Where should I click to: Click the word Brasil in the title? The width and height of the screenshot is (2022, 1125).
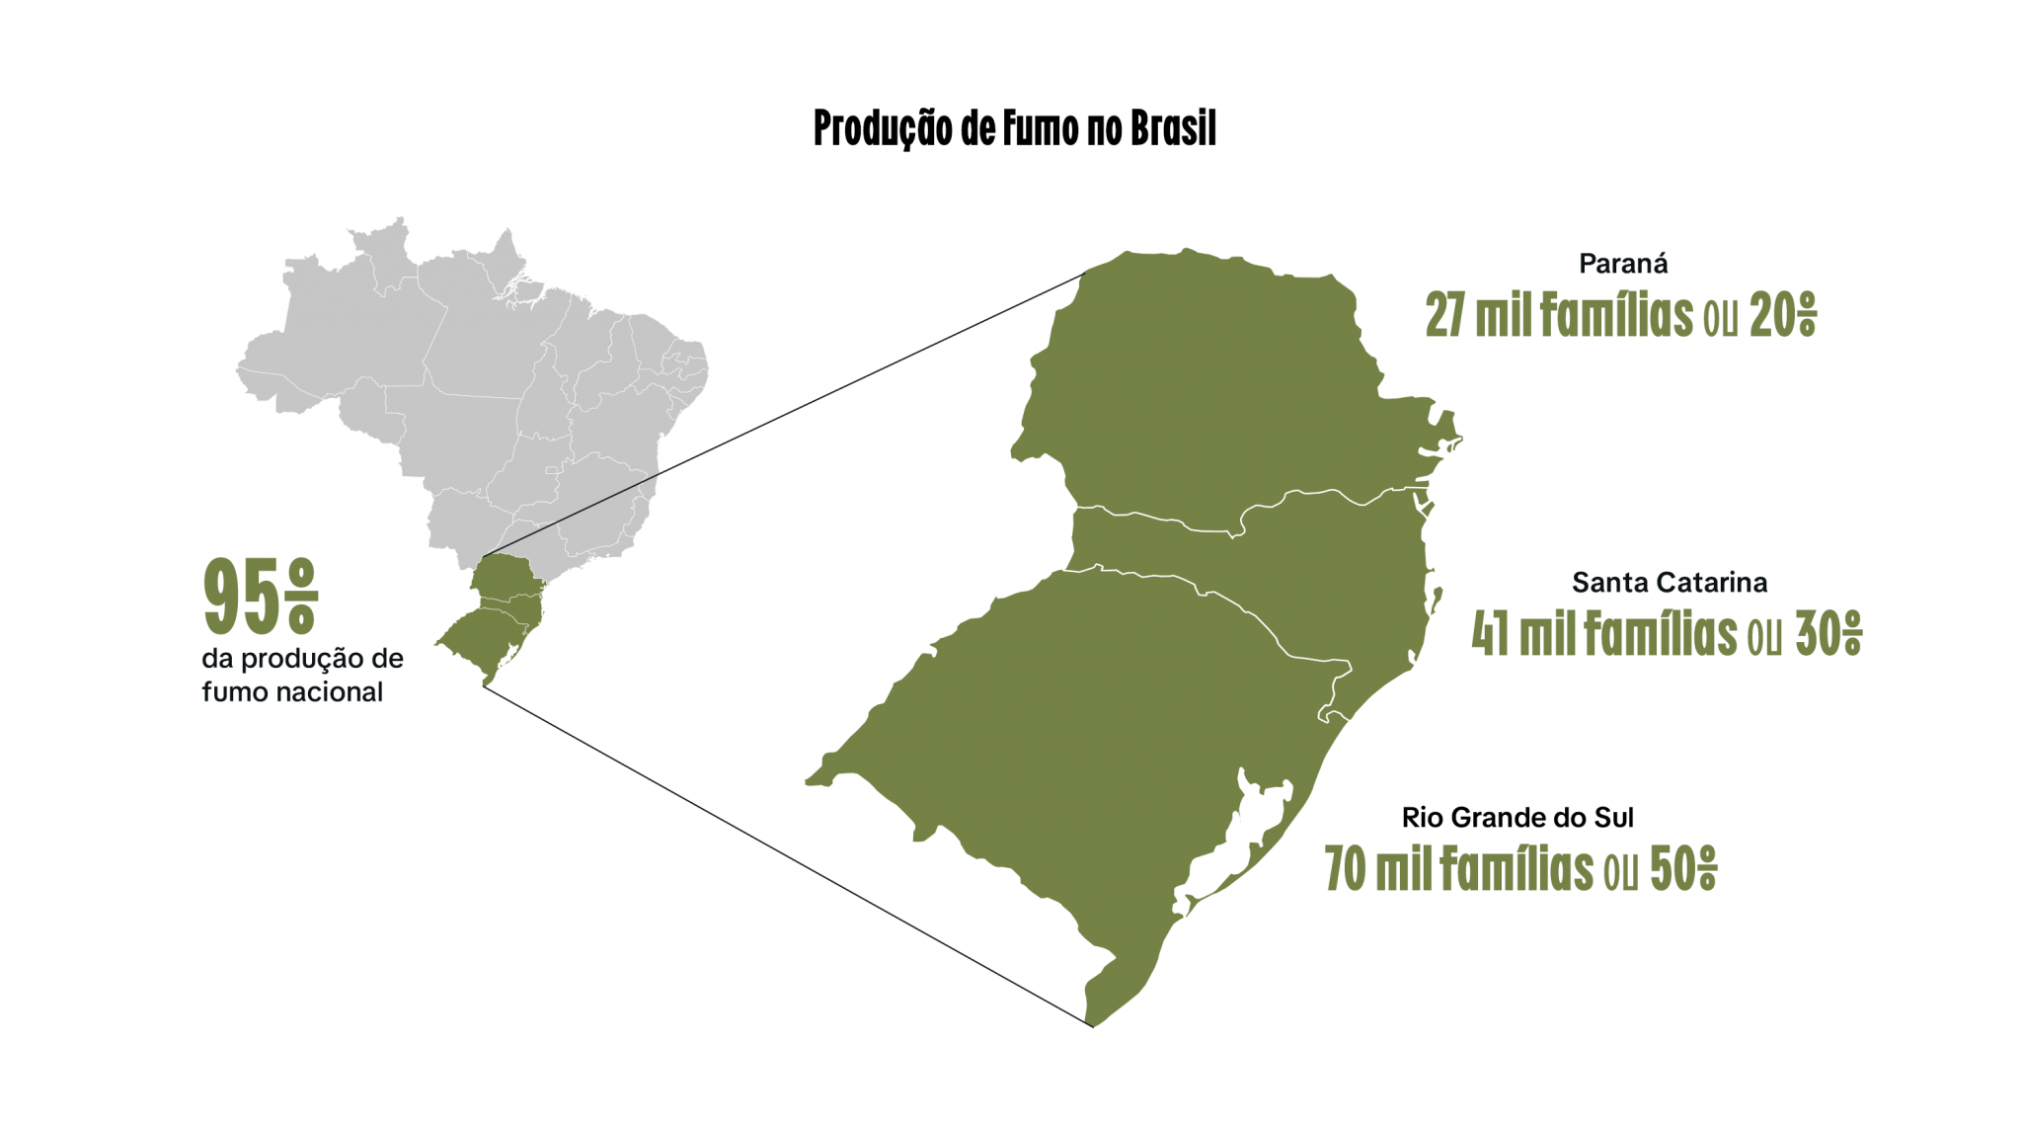pyautogui.click(x=1173, y=129)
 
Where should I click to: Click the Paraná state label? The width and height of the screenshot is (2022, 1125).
pyautogui.click(x=1623, y=264)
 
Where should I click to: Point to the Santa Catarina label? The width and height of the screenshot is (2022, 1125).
pyautogui.click(x=1669, y=583)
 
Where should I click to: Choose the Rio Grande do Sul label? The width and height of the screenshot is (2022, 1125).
pyautogui.click(x=1517, y=818)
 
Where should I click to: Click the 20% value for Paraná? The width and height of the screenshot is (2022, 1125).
pyautogui.click(x=1782, y=316)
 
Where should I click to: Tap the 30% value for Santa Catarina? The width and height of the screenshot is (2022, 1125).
pyautogui.click(x=1828, y=634)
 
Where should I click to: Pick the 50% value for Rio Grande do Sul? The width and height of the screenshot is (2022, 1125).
pyautogui.click(x=1682, y=870)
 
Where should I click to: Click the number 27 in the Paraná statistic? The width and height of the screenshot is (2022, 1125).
pyautogui.click(x=1444, y=316)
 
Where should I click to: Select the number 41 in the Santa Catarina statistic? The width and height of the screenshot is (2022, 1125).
pyautogui.click(x=1489, y=634)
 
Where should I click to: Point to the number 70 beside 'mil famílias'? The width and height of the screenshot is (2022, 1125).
pyautogui.click(x=1344, y=870)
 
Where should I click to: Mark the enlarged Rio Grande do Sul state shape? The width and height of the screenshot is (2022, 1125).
pyautogui.click(x=1066, y=751)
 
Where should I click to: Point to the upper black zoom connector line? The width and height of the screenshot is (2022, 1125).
pyautogui.click(x=790, y=410)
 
